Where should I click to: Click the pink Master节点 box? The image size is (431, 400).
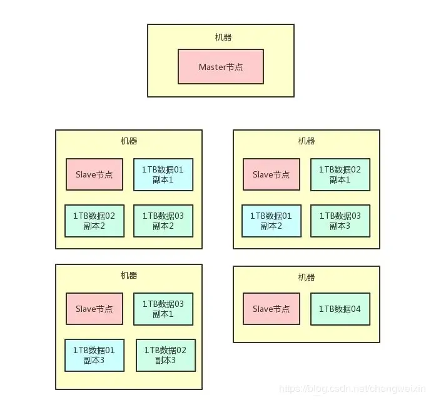coord(220,67)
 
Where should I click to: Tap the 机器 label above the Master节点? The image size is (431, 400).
coord(223,37)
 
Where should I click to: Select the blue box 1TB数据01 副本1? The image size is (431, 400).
coord(163,174)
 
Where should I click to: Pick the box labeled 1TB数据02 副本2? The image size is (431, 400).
coord(94,221)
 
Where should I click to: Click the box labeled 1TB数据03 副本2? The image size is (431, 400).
coord(163,221)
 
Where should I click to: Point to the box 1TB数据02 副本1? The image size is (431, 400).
coord(340,174)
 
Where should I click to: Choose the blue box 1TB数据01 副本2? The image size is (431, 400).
coord(271,221)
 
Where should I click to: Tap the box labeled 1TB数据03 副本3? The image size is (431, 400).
coord(340,221)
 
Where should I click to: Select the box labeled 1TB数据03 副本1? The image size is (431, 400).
coord(163,309)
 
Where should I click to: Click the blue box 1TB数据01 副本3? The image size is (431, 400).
coord(94,355)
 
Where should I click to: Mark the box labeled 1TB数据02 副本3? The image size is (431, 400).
coord(165,355)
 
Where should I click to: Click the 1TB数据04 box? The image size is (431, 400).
coord(340,309)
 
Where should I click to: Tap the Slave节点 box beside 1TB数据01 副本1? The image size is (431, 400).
coord(94,174)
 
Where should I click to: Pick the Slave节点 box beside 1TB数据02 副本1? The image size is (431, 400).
coord(271,174)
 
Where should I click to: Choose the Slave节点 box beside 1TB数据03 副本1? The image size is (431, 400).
coord(94,309)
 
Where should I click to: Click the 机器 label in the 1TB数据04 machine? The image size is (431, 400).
coord(307,277)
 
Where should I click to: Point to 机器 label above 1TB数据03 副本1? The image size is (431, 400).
coord(129,276)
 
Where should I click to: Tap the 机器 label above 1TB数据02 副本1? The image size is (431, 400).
coord(307,141)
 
